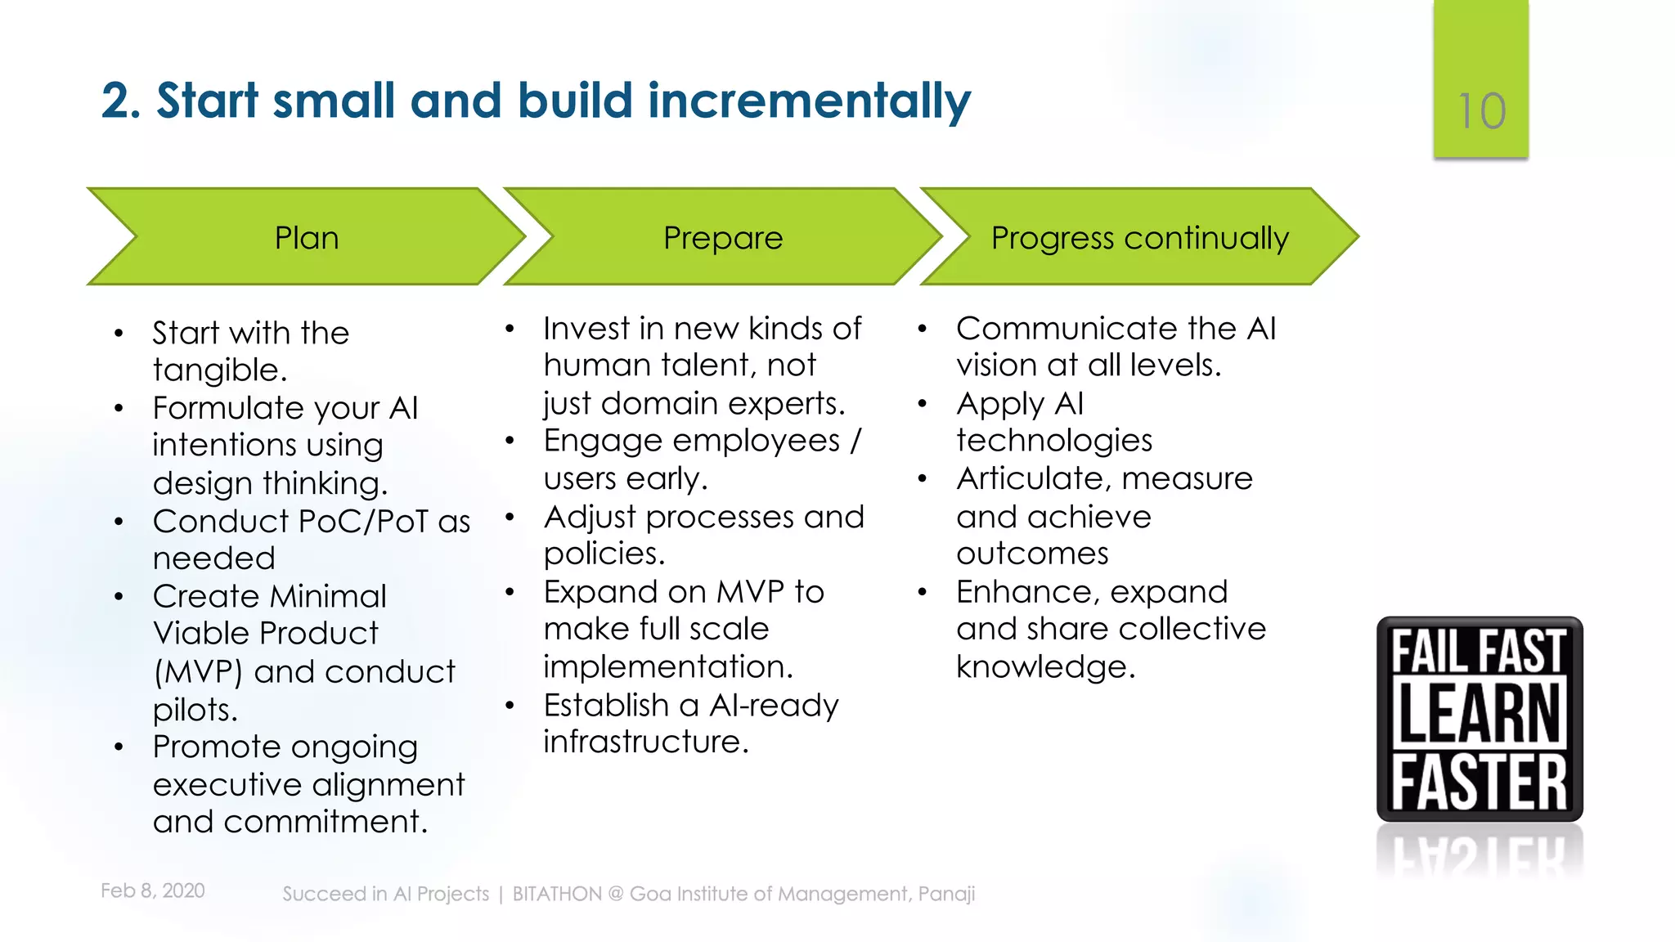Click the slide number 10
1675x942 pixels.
pos(1481,111)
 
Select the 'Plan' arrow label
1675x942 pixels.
pos(306,238)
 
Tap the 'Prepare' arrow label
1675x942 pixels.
pos(723,238)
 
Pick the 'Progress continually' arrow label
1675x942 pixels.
pos(1139,238)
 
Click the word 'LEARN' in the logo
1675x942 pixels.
pos(1480,714)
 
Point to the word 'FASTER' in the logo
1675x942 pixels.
pos(1480,782)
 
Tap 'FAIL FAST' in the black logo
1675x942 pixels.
pos(1480,651)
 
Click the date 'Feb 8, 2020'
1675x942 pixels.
pos(153,890)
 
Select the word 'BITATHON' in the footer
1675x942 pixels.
pos(557,894)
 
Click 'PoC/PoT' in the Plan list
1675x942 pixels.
pos(363,522)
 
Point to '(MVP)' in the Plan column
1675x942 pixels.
pos(198,672)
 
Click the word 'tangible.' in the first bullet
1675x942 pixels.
pos(220,370)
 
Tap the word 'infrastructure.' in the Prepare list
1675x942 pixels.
pos(646,742)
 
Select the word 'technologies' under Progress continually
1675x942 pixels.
pos(1054,441)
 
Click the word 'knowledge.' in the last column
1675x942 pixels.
pos(1046,667)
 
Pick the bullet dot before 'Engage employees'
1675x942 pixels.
pos(510,442)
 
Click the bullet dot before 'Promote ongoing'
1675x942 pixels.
pos(119,747)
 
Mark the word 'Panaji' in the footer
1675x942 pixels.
pos(946,894)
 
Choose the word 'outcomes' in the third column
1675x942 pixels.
pos(1032,554)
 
